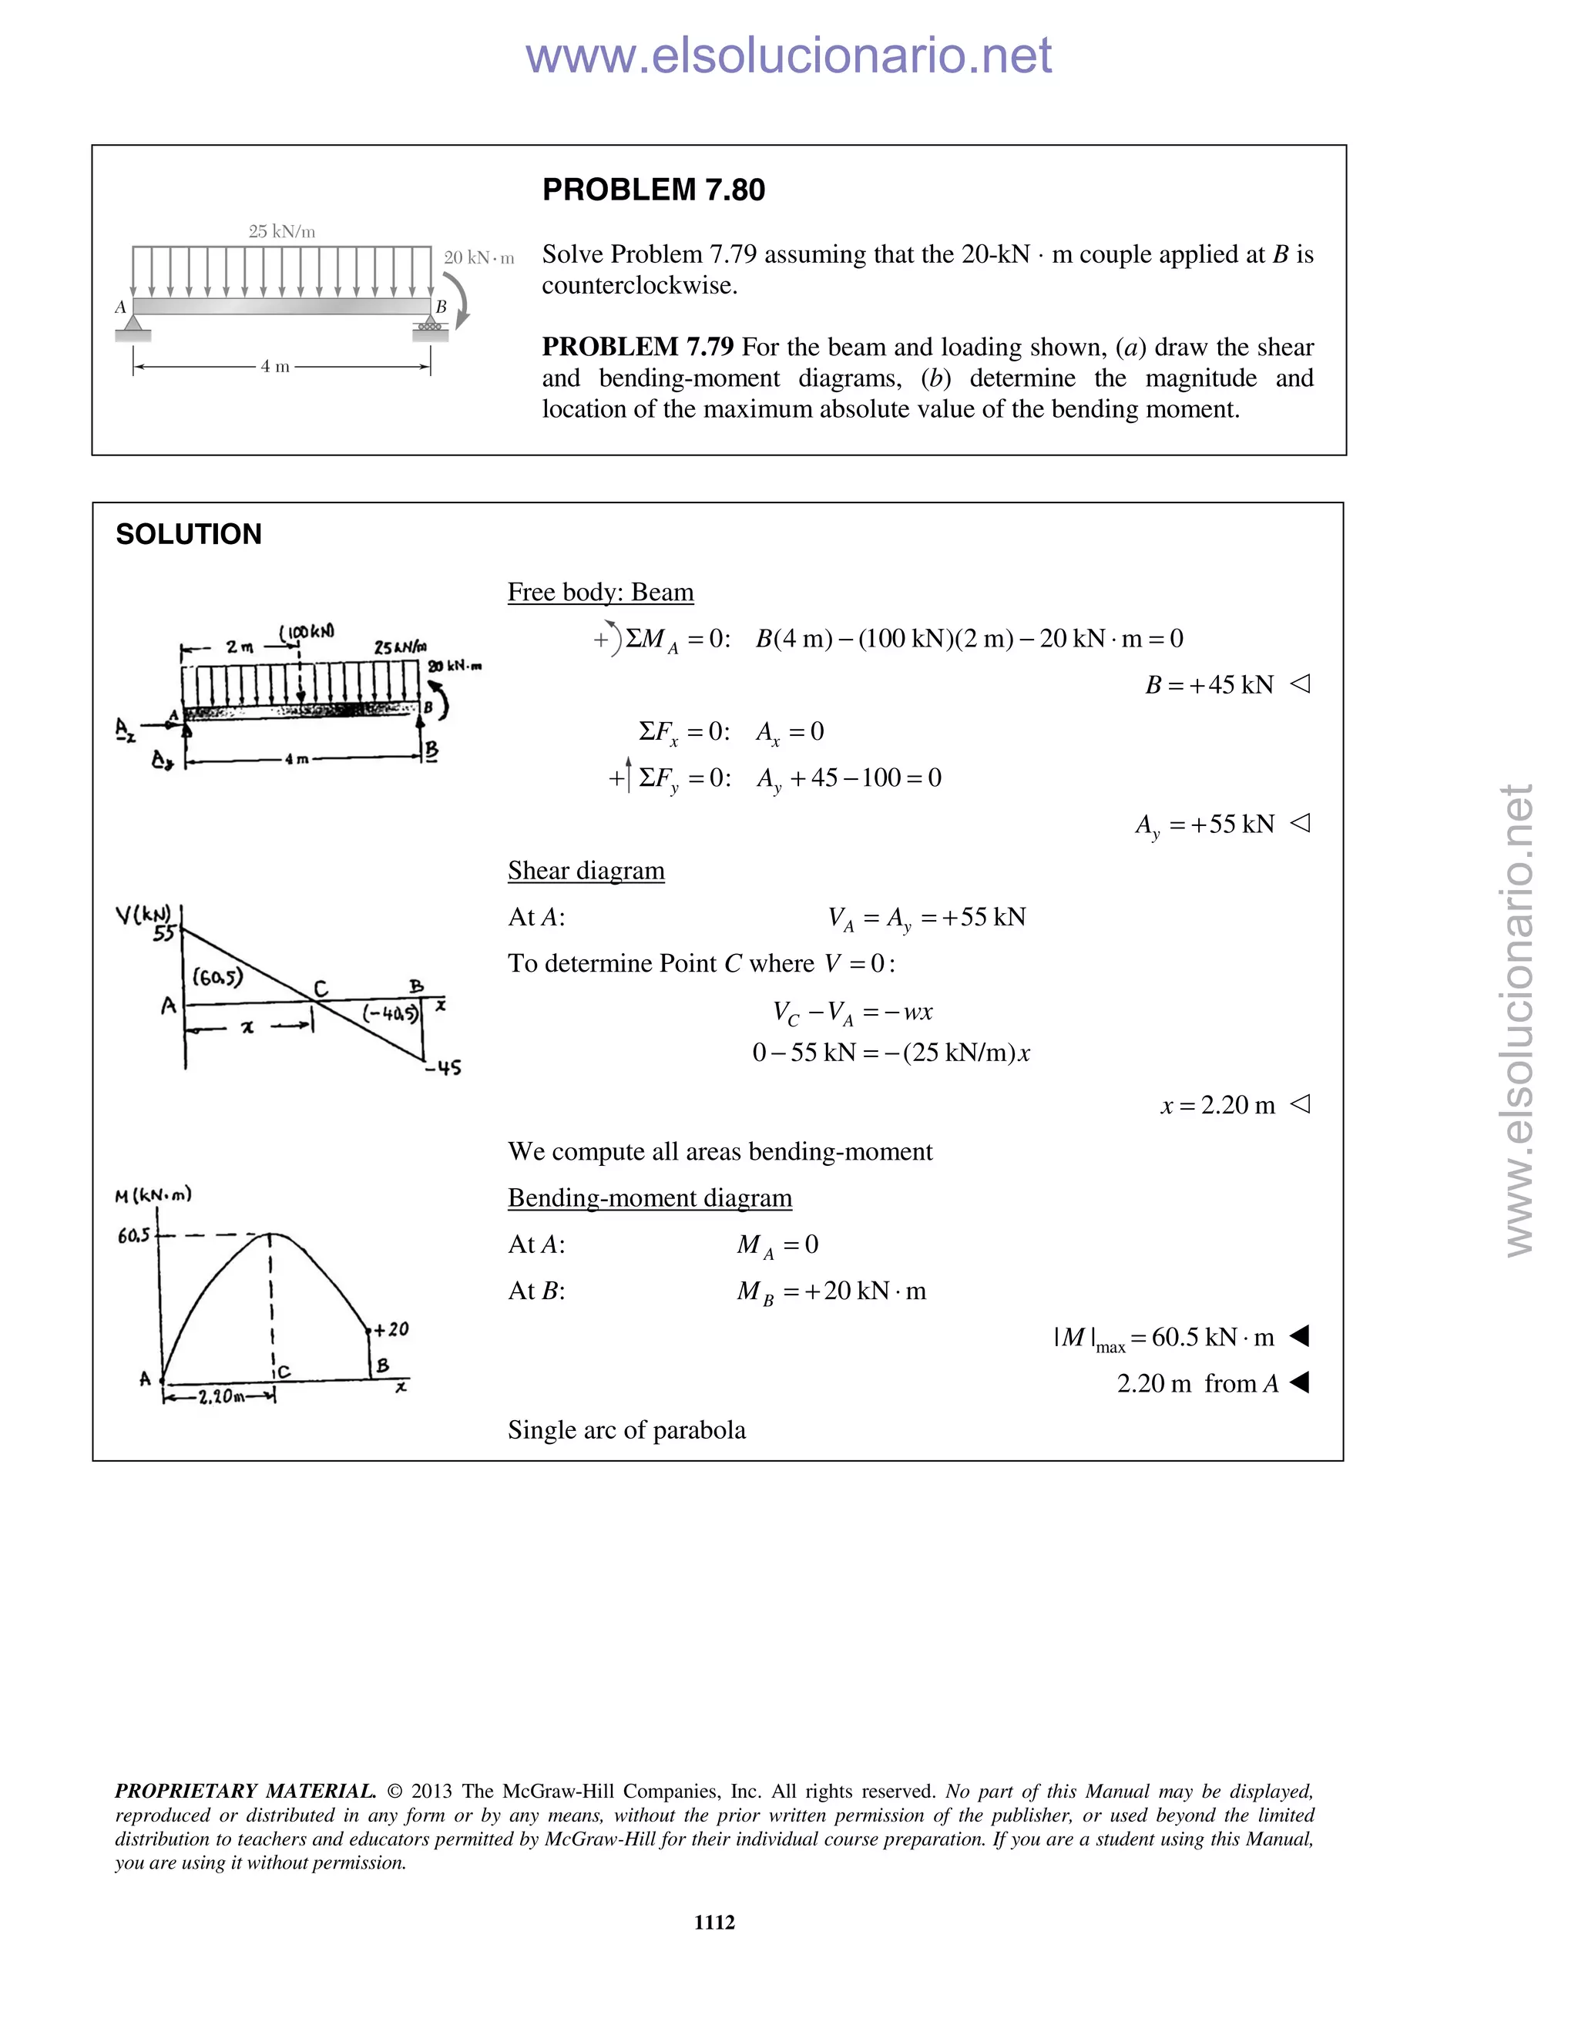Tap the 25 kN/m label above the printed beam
[281, 231]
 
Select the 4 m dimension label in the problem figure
[275, 367]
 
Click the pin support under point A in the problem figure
[133, 325]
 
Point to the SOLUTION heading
[189, 534]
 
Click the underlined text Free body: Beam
[600, 592]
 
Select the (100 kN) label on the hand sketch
[307, 632]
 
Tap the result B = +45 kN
[1209, 684]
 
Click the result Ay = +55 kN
[1204, 824]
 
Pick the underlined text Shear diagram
[586, 871]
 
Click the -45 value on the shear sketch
[442, 1066]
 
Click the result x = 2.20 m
[1217, 1105]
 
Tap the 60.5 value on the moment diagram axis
[133, 1236]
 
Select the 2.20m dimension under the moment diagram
[222, 1397]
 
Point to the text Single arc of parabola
[626, 1429]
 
